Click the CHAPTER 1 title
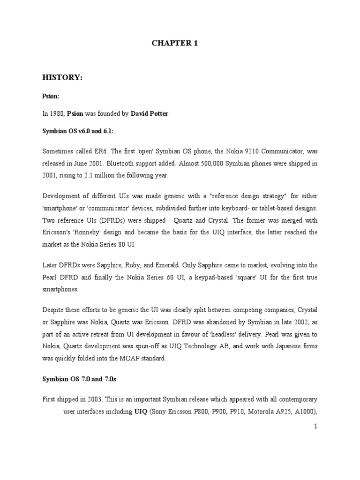175,44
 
